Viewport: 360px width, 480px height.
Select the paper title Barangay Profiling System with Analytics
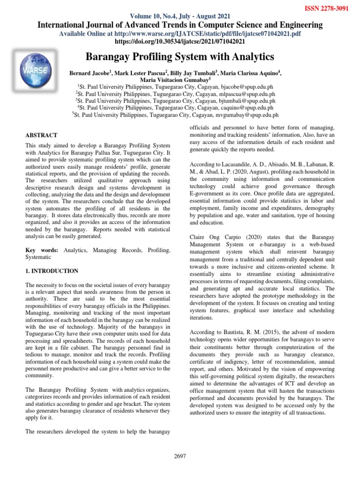(x=180, y=57)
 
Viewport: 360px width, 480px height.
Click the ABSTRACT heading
(x=41, y=135)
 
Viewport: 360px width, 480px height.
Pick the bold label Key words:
(x=42, y=251)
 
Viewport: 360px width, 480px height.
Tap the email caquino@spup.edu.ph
(x=250, y=107)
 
